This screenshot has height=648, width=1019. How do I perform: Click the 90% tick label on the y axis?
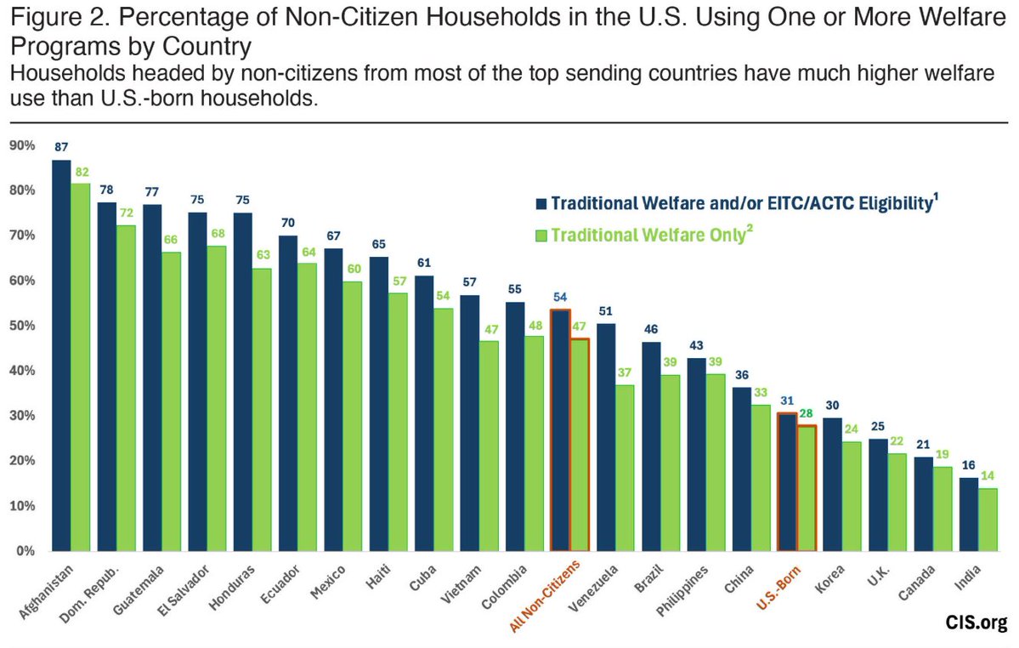(22, 146)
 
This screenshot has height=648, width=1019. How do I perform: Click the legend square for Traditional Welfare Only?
(541, 236)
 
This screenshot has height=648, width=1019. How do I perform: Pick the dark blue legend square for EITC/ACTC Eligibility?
(541, 204)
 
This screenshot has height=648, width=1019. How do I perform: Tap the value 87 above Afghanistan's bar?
(61, 146)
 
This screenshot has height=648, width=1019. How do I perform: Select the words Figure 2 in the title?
(48, 18)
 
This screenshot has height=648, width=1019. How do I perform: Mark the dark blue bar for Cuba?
(423, 413)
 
